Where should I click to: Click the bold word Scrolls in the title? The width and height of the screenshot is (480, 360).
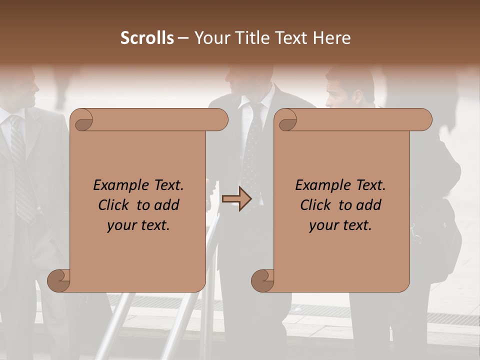[147, 38]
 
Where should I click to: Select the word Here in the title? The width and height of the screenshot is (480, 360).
[332, 38]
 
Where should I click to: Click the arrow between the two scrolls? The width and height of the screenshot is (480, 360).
[236, 198]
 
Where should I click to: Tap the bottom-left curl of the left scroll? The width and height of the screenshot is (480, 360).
[59, 280]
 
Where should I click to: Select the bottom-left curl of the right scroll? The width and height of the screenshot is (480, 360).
[263, 280]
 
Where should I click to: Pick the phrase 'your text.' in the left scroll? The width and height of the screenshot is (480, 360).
[138, 225]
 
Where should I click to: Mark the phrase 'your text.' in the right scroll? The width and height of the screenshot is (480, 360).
[340, 225]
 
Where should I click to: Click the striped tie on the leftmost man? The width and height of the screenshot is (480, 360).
[21, 165]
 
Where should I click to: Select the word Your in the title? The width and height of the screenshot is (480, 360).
[211, 38]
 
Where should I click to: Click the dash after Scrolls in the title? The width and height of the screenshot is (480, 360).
[183, 38]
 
